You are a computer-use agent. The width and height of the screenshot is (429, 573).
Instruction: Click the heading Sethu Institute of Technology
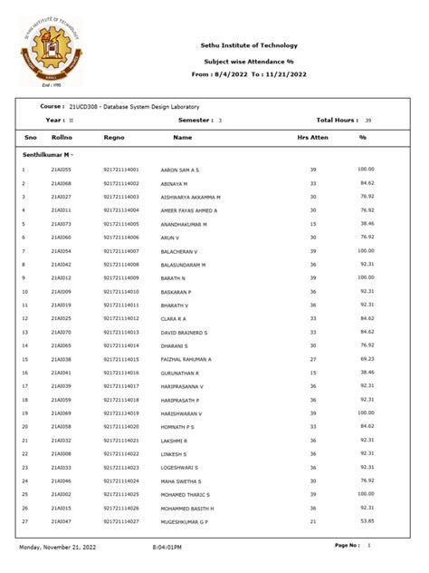248,45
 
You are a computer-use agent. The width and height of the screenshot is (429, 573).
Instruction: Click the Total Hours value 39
368,120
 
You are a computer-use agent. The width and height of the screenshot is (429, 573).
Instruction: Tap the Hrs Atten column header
313,138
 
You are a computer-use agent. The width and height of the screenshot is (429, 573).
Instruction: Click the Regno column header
114,138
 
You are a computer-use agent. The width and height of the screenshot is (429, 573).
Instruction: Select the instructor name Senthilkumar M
46,155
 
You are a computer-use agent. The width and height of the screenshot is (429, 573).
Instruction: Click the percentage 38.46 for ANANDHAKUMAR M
366,224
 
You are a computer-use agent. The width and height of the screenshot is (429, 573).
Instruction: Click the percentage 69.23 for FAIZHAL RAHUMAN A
366,359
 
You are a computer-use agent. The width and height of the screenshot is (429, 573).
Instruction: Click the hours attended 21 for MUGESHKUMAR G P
313,522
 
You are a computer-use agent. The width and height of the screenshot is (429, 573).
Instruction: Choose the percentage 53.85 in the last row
366,522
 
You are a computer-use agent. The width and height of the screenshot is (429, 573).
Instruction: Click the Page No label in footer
347,546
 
